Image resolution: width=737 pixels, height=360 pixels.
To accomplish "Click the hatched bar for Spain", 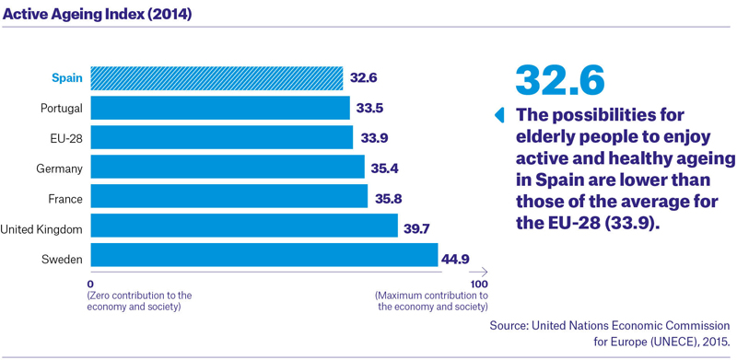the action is [216, 78].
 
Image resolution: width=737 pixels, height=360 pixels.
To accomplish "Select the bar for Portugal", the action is [220, 108].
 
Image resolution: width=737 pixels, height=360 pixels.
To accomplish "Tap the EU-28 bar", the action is [222, 137].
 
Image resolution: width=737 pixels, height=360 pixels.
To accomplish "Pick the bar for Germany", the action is [228, 167].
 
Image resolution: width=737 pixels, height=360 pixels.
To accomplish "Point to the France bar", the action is [228, 196].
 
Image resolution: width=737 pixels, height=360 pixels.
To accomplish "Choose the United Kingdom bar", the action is [244, 226].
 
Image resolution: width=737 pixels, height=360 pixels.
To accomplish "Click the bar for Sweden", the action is [264, 255].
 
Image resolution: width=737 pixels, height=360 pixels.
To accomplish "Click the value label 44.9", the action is [455, 258].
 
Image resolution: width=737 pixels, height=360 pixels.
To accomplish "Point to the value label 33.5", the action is [369, 109].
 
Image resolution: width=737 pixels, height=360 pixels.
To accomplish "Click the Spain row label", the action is [67, 78].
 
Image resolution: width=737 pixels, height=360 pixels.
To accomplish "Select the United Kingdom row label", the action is [41, 230].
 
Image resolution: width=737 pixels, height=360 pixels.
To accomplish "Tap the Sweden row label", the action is [62, 259].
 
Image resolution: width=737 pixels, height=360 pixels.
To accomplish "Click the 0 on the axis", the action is [90, 284].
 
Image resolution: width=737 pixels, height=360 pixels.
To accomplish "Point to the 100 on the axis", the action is [478, 284].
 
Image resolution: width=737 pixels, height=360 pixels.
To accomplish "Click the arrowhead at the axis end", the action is [485, 272].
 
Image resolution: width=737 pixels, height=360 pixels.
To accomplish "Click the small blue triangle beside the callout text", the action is [499, 115].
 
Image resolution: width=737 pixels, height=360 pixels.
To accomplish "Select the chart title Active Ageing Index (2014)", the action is [98, 14].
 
